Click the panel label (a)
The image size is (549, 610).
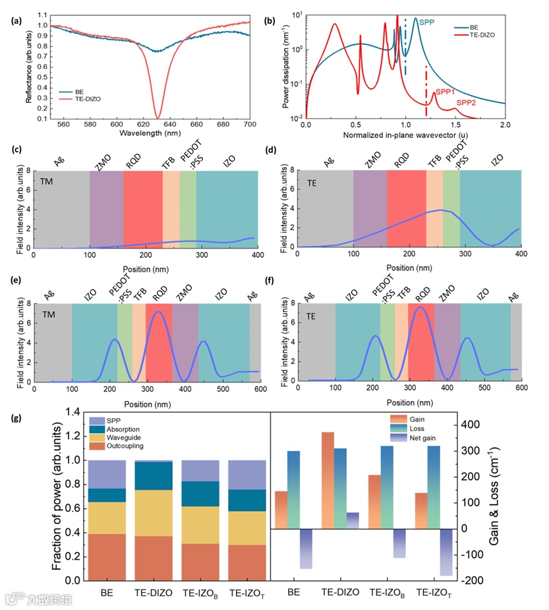click(16, 20)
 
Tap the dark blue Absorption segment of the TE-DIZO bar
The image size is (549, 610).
click(153, 475)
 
